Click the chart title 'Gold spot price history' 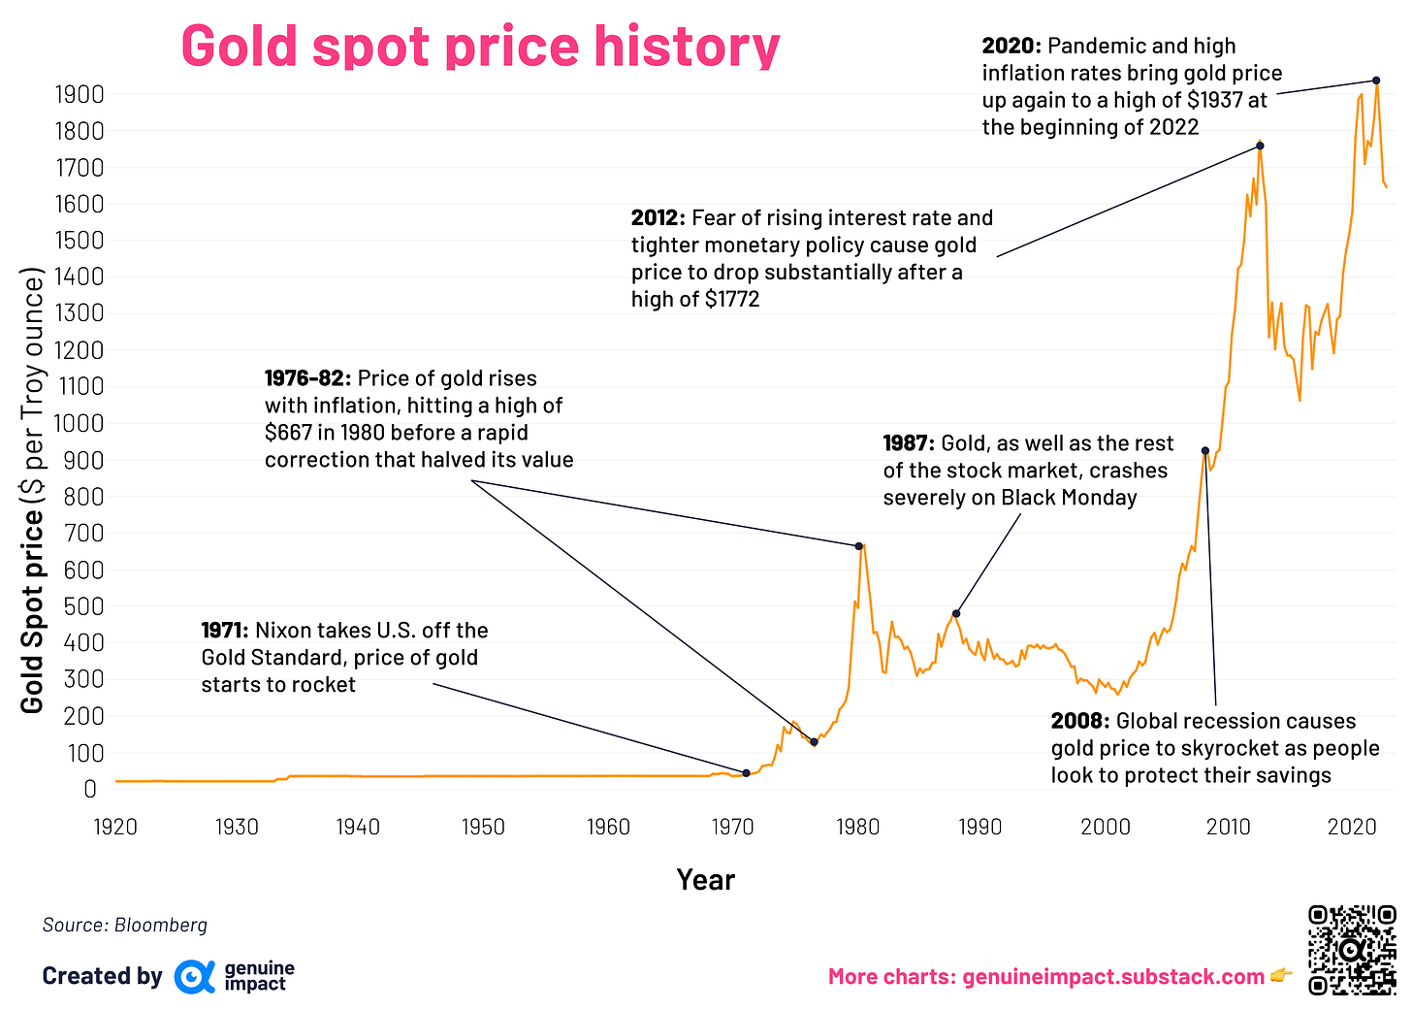(x=480, y=47)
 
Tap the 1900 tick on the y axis (x=80, y=94)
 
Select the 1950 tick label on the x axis (x=483, y=827)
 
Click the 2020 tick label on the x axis (x=1352, y=827)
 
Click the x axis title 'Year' (x=705, y=880)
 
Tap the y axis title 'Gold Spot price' (x=33, y=611)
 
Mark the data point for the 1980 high (x=859, y=546)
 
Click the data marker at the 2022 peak (x=1376, y=81)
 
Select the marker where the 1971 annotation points (x=746, y=773)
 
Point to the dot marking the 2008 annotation (x=1205, y=451)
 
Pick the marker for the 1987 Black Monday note (x=956, y=613)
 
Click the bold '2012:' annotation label (x=658, y=218)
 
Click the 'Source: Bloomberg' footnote (x=125, y=925)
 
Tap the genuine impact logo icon (x=194, y=976)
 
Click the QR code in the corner (x=1352, y=950)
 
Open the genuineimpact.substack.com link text (x=1113, y=977)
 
